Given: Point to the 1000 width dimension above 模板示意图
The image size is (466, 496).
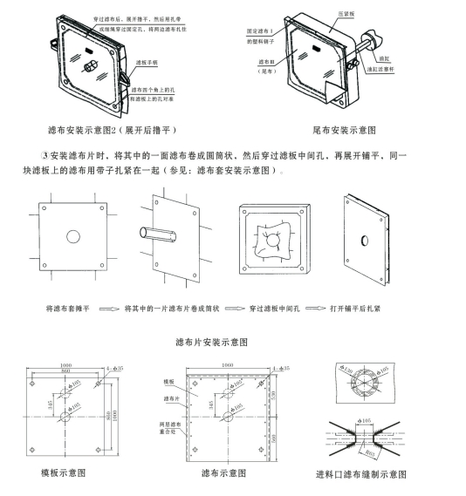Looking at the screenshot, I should (x=65, y=364).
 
